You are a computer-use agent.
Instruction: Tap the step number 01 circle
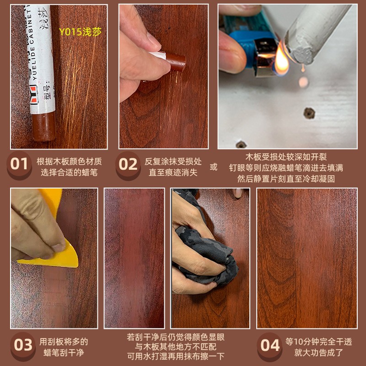tap(19, 164)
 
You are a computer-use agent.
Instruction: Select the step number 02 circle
tap(128, 164)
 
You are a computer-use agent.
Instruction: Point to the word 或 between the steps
tap(213, 167)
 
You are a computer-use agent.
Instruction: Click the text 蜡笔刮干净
tap(64, 353)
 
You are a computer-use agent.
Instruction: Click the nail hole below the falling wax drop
tap(309, 112)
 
